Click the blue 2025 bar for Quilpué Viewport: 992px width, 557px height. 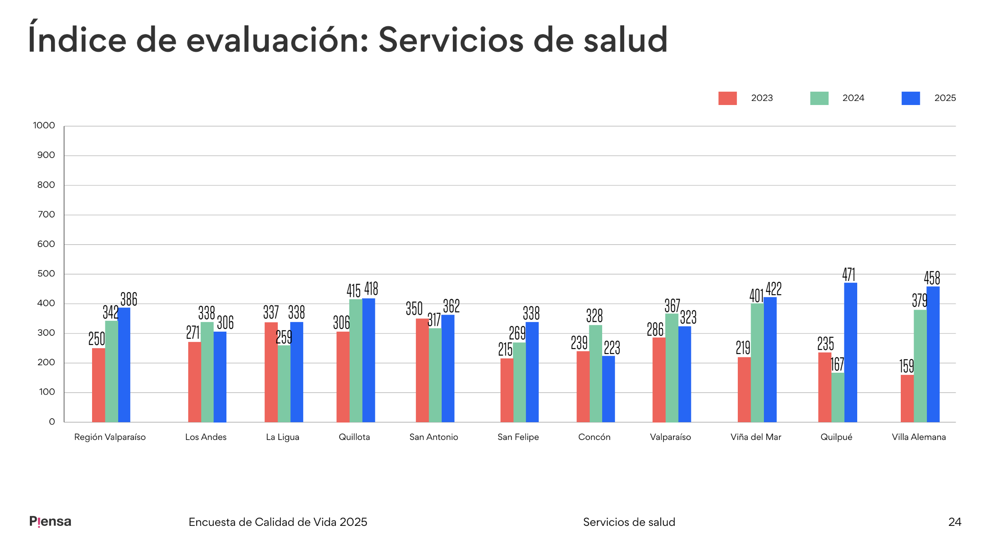point(850,353)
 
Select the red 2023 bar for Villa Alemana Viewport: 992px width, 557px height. point(907,398)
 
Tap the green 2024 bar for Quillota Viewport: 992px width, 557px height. point(356,361)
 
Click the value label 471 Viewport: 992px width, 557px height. point(849,274)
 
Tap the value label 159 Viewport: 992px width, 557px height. point(906,366)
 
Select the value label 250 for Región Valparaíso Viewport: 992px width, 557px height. point(97,339)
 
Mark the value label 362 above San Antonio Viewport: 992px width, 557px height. point(451,306)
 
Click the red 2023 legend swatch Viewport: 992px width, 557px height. point(727,98)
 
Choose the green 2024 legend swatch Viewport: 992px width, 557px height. point(819,98)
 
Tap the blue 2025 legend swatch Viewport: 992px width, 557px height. point(910,98)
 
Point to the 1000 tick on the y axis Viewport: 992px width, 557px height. point(44,125)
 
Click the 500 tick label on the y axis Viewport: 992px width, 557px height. point(46,274)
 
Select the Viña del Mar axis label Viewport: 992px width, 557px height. point(756,437)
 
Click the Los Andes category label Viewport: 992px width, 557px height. point(206,437)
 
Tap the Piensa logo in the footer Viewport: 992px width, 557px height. point(50,522)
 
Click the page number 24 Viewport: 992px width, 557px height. point(954,522)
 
